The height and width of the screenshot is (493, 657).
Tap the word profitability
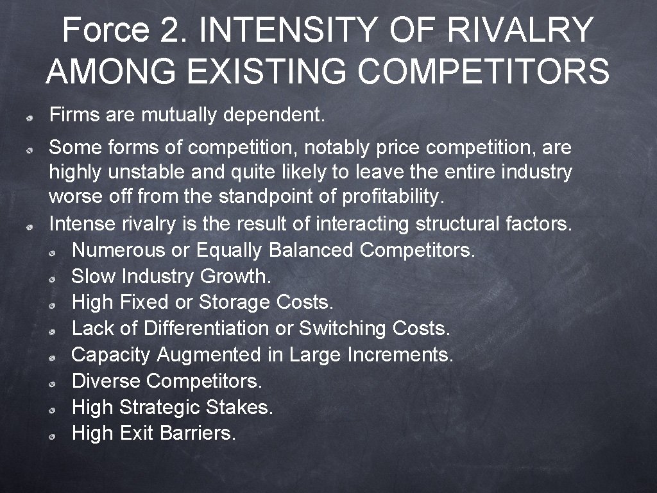pos(393,197)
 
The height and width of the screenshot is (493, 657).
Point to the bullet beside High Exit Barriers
pos(58,435)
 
